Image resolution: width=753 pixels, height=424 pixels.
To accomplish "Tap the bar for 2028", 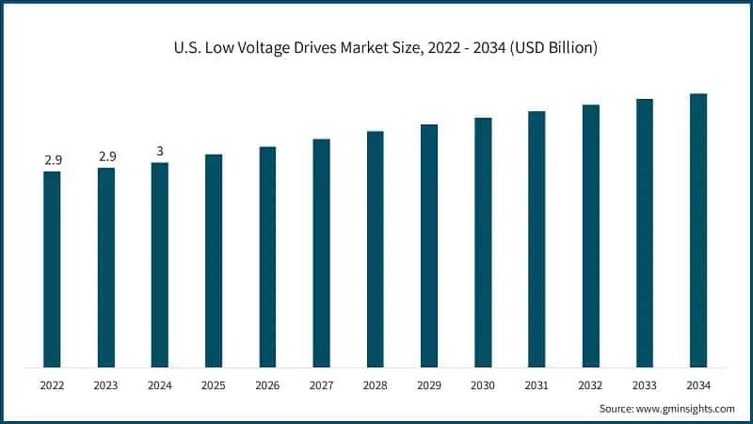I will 375,249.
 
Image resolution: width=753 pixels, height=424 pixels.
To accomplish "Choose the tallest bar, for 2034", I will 697,230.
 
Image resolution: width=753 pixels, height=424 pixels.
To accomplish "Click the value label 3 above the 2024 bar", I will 160,152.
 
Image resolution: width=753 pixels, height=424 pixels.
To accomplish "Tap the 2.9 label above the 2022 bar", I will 53,161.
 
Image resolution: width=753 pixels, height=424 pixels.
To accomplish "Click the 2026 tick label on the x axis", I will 267,385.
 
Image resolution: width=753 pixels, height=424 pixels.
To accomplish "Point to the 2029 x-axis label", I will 429,385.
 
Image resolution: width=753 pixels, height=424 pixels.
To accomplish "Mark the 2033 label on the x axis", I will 644,385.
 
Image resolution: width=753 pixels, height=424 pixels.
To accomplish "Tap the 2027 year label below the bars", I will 321,385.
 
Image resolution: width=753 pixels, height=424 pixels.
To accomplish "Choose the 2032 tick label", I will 590,385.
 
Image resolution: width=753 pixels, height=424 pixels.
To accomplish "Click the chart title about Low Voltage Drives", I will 376,47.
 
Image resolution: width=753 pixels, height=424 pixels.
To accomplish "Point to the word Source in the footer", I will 617,408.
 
